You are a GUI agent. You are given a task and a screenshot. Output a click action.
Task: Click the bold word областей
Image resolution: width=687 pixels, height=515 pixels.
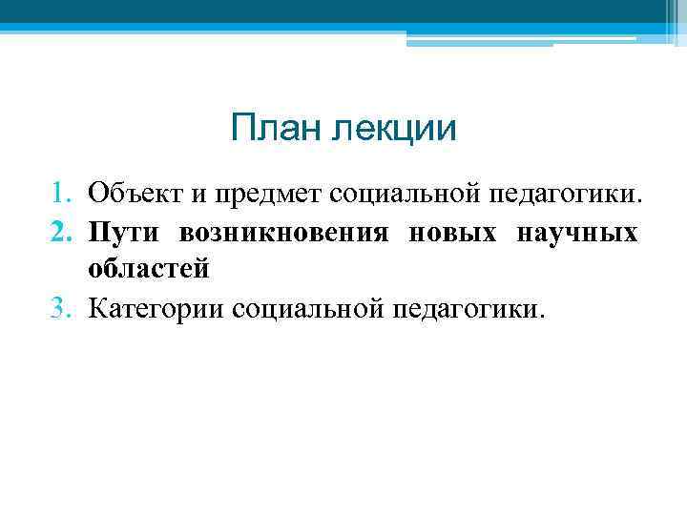click(148, 270)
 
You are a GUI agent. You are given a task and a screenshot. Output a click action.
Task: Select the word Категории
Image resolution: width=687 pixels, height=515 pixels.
click(156, 308)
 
